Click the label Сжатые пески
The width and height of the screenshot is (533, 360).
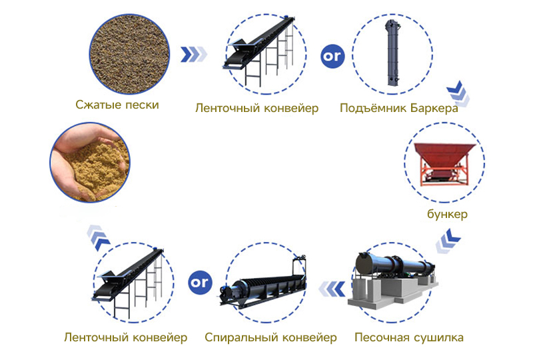117,105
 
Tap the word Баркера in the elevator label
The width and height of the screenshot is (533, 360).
434,108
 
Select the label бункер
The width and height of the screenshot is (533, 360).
447,214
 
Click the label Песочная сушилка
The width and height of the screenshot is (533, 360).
409,337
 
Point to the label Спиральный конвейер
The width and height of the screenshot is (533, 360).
270,337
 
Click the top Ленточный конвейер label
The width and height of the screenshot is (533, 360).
257,108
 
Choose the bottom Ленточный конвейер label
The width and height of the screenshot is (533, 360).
126,337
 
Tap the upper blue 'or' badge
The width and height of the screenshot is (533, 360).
332,56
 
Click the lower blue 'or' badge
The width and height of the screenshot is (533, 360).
200,283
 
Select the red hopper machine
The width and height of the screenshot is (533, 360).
444,164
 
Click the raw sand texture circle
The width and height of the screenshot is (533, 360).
129,55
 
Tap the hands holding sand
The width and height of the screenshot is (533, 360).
90,163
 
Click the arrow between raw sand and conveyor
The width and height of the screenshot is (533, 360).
194,55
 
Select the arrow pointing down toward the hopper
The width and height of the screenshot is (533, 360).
458,93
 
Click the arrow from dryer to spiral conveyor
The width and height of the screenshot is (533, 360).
332,289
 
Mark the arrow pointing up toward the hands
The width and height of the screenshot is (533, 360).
99,237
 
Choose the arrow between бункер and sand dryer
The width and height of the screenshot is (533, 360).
448,241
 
